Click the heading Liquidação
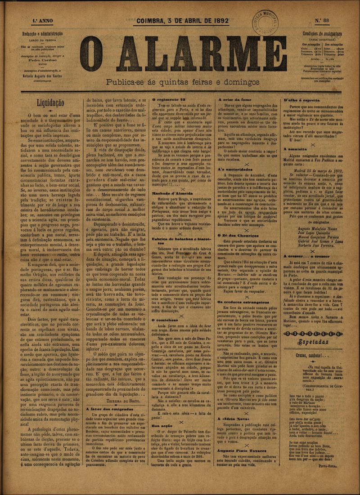[x=50, y=103]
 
